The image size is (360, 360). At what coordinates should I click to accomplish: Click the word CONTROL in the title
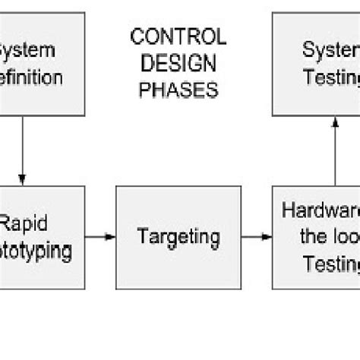(178, 36)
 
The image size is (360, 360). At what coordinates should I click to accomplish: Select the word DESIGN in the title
(178, 63)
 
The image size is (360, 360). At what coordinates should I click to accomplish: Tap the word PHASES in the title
(178, 90)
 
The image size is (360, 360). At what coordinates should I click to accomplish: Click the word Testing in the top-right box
(331, 77)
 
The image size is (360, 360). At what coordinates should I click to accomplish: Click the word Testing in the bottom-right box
(331, 264)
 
